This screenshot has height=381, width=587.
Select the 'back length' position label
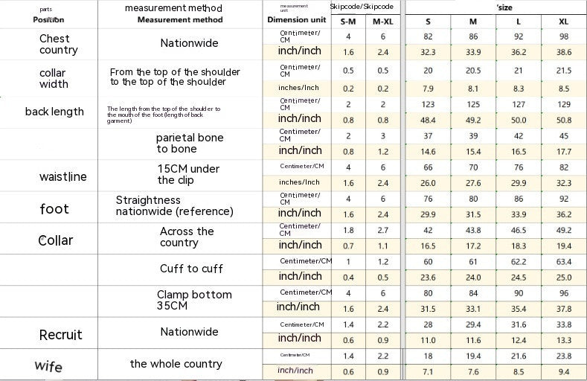(x=54, y=112)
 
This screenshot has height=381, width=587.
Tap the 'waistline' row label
(x=62, y=176)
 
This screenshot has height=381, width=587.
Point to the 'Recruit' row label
(x=60, y=334)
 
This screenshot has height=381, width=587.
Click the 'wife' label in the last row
(x=48, y=365)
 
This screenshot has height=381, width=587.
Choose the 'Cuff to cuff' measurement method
(x=191, y=269)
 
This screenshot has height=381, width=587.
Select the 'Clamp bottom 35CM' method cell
(x=194, y=300)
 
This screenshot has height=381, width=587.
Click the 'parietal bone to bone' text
(x=189, y=143)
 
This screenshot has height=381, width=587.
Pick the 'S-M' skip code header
(x=348, y=21)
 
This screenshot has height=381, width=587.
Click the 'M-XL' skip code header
(x=382, y=21)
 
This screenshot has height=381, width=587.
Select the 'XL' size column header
(x=563, y=21)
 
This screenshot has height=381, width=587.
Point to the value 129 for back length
(x=563, y=105)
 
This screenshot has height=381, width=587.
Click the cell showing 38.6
(x=563, y=52)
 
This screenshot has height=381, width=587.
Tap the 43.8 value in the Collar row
(x=473, y=231)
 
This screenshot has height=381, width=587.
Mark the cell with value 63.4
(x=563, y=262)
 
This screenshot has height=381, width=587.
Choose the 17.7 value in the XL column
(x=563, y=152)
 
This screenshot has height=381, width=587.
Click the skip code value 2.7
(x=382, y=231)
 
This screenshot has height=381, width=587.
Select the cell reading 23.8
(x=563, y=356)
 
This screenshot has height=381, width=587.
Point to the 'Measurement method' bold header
(x=180, y=20)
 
